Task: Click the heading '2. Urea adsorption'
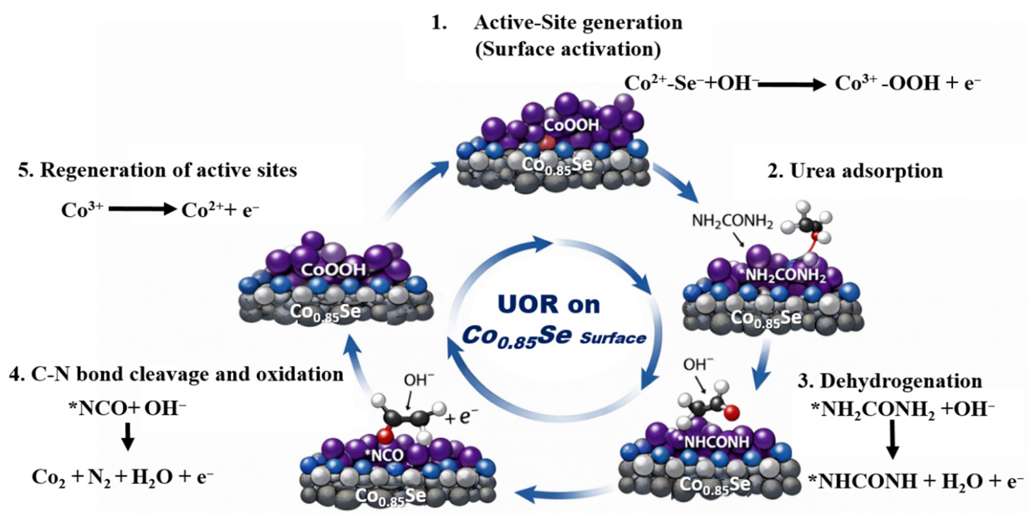[x=855, y=171]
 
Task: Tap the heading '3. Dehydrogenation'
[x=890, y=381]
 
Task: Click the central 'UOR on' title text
[x=549, y=305]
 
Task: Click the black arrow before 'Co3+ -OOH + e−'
[x=792, y=84]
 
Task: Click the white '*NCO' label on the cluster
[x=384, y=455]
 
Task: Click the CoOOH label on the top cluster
[x=571, y=126]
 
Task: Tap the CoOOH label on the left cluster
[x=333, y=270]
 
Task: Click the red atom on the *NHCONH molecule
[x=731, y=412]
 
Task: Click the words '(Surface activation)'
[x=568, y=49]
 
